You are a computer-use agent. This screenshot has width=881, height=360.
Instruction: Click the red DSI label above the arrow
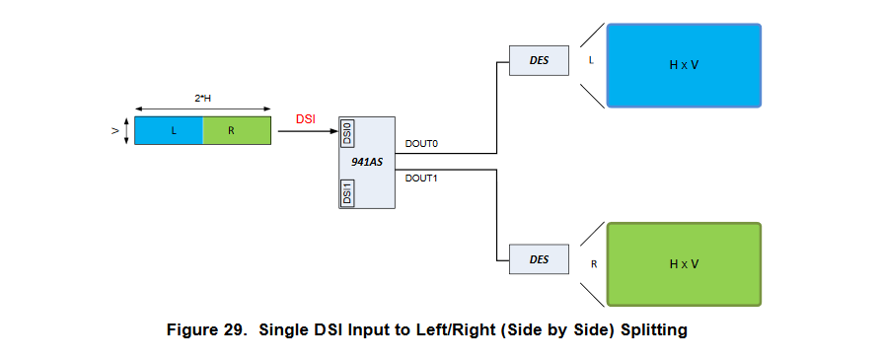307,118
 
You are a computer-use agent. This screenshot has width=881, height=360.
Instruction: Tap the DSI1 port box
346,192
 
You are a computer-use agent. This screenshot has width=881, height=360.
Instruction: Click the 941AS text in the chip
367,161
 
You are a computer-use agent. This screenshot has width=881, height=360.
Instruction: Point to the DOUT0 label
421,144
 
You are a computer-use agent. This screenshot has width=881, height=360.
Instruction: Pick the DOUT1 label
421,179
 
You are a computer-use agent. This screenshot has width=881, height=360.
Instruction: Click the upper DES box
539,60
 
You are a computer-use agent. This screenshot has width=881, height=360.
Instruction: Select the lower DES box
539,259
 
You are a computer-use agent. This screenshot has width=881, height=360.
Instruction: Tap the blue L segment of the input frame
169,130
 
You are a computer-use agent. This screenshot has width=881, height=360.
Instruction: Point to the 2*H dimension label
202,98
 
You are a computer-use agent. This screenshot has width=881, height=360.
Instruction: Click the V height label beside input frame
115,130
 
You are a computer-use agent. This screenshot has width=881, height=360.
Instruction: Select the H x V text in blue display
684,65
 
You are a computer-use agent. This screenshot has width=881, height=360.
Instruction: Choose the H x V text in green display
684,263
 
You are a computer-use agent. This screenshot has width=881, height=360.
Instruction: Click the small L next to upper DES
591,60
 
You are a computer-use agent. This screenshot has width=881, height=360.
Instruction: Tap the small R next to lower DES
593,264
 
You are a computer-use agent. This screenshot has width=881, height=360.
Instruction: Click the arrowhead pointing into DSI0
333,130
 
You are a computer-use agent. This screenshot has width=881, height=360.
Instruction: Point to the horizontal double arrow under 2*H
202,108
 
